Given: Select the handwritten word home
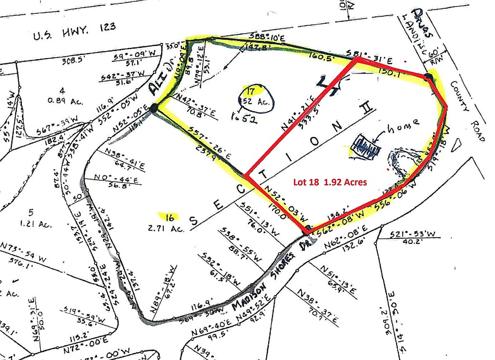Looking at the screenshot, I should [x=404, y=124].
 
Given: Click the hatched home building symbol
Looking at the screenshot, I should [x=367, y=147].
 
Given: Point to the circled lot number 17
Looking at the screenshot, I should [x=252, y=91].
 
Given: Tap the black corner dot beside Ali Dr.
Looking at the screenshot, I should [x=153, y=109].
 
